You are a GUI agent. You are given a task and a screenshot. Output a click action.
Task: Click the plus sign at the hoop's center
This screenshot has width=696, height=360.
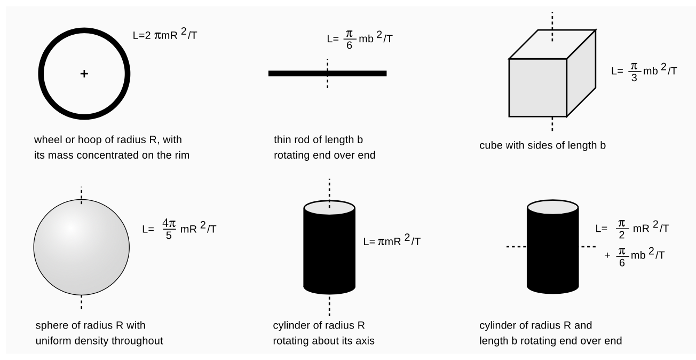84,74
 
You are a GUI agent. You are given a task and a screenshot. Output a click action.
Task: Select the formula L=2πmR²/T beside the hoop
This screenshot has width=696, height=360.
166,36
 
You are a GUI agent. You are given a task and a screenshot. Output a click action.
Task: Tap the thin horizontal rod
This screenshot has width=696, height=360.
299,73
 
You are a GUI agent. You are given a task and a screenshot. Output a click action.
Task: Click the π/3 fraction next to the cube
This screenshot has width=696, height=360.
634,71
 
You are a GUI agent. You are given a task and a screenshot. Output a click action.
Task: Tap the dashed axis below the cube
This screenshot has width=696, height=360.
552,124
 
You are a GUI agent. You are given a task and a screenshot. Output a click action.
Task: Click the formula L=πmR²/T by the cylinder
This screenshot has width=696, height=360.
391,241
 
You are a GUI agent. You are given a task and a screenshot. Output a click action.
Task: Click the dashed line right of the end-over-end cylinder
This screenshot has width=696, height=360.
588,247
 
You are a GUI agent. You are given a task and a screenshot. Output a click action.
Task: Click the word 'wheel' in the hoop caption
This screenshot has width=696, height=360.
46,140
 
